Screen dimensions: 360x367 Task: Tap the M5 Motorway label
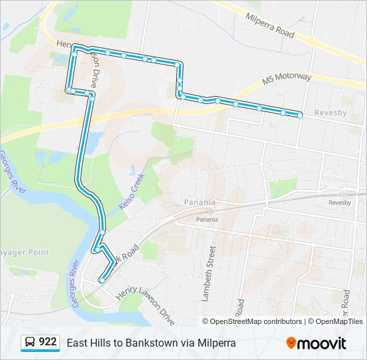click(286, 78)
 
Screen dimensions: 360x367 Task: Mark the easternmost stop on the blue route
click(300, 115)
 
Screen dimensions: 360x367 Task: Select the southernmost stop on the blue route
click(101, 281)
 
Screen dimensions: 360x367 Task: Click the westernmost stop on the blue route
click(68, 89)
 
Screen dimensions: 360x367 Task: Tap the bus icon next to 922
click(30, 343)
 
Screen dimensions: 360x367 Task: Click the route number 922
click(48, 343)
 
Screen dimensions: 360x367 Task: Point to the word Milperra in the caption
click(216, 343)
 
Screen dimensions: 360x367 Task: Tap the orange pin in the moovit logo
click(291, 343)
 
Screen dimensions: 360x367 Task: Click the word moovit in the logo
click(322, 343)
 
